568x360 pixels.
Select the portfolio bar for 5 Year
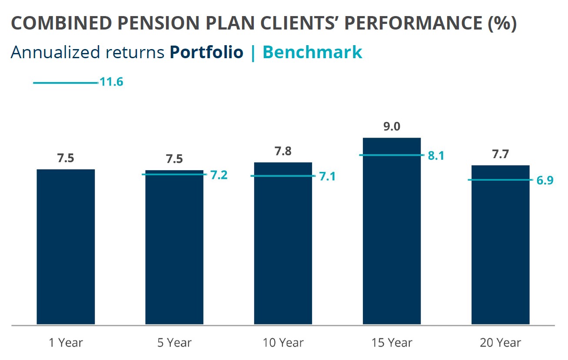[174, 247]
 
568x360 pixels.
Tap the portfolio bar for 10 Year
[283, 243]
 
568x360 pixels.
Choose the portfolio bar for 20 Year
[501, 245]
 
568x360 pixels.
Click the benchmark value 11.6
[112, 82]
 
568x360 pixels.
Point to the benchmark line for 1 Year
[65, 82]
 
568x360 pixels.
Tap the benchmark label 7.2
[219, 175]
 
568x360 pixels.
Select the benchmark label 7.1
[327, 177]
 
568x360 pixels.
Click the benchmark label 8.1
[436, 156]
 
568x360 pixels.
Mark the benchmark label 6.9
[545, 181]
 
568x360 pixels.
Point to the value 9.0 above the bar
[392, 127]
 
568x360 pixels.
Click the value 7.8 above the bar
[283, 152]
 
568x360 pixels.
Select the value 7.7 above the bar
[501, 155]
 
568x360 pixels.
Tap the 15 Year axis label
[392, 343]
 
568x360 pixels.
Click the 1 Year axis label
[66, 343]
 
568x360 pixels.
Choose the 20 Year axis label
[501, 343]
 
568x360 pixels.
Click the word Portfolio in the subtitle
[206, 53]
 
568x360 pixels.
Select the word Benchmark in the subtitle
[312, 53]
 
